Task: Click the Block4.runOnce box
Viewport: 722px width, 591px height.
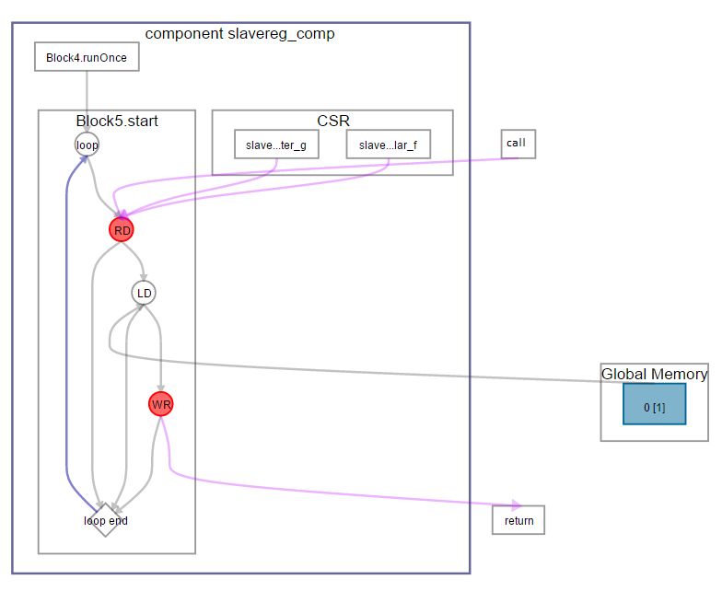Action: [x=87, y=57]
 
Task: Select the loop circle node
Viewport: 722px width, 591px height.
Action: [x=87, y=145]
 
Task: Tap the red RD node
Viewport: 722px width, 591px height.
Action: [x=122, y=230]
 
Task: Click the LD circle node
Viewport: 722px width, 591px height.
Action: [x=144, y=293]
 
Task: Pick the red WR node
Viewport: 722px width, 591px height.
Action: [x=161, y=404]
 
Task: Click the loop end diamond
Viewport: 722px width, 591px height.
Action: [x=105, y=520]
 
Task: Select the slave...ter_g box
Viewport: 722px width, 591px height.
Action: [x=276, y=145]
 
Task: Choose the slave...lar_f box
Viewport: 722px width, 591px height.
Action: [x=388, y=145]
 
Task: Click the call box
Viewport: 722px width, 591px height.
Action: [x=516, y=144]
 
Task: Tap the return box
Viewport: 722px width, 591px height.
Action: [x=518, y=520]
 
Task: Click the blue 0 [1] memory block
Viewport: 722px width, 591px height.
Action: [x=654, y=404]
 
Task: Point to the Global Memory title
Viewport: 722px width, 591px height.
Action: [x=654, y=374]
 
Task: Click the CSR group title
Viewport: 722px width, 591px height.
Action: [x=332, y=121]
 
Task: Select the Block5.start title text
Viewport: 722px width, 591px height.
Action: [x=117, y=121]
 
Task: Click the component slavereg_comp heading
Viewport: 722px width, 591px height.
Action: [x=240, y=34]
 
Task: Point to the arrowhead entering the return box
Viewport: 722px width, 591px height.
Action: [x=517, y=504]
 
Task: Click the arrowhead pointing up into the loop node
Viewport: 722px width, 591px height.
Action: [x=85, y=158]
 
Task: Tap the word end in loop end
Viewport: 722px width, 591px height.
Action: [x=118, y=521]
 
